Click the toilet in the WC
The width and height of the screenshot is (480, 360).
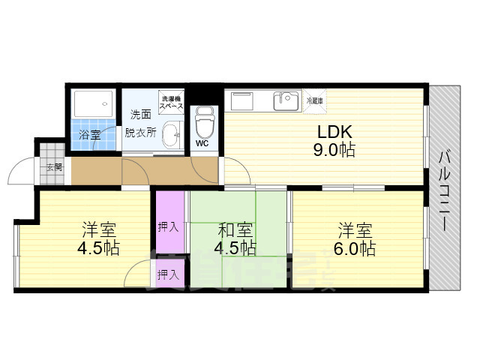[x=203, y=121]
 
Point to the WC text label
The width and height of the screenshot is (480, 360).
[x=202, y=143]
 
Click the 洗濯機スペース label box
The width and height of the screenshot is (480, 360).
[x=170, y=100]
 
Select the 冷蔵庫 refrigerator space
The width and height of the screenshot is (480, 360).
[x=313, y=100]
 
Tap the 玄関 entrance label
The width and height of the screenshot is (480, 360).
[x=54, y=166]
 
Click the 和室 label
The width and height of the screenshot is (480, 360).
[x=235, y=229]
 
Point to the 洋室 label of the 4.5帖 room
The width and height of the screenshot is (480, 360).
[x=98, y=229]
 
